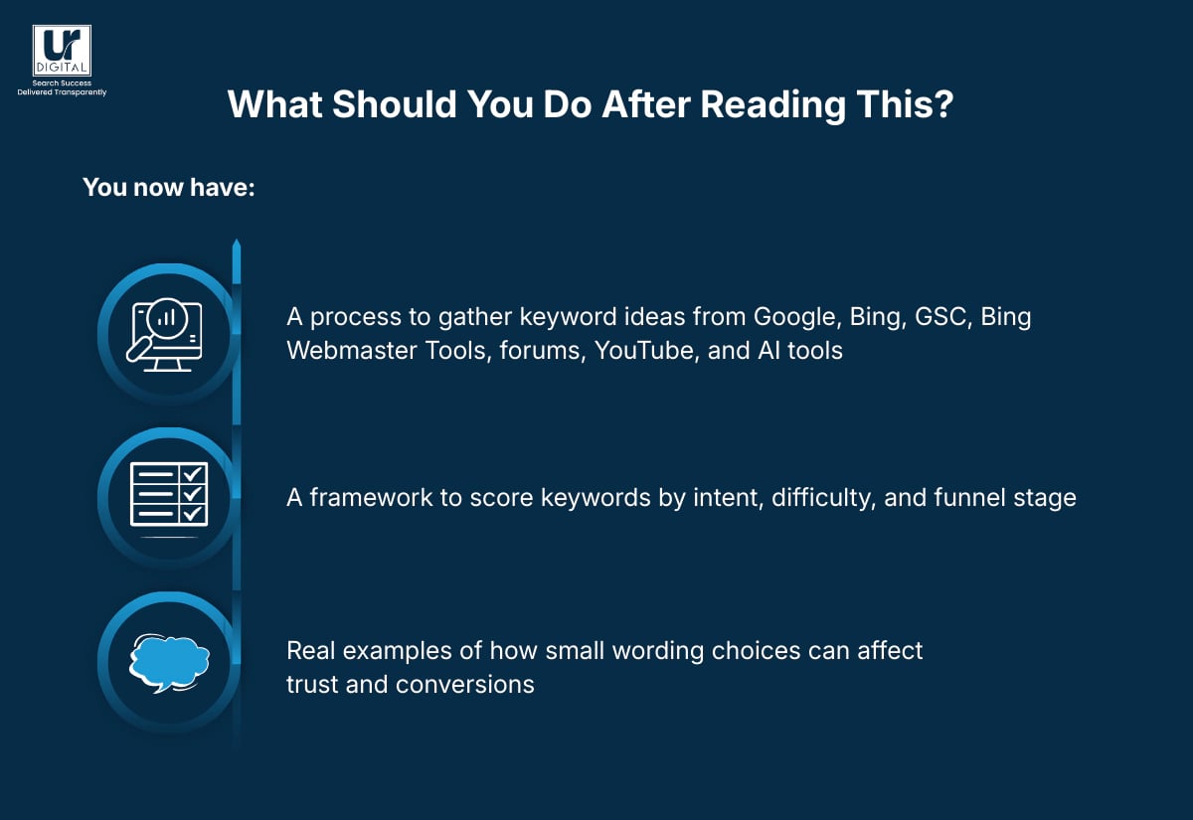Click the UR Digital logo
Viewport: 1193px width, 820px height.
[x=62, y=51]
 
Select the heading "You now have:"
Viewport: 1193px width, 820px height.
[x=168, y=187]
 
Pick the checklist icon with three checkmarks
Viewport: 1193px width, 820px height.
[x=167, y=494]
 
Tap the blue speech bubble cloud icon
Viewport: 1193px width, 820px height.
[x=169, y=660]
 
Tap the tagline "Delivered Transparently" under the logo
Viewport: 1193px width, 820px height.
[x=62, y=92]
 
